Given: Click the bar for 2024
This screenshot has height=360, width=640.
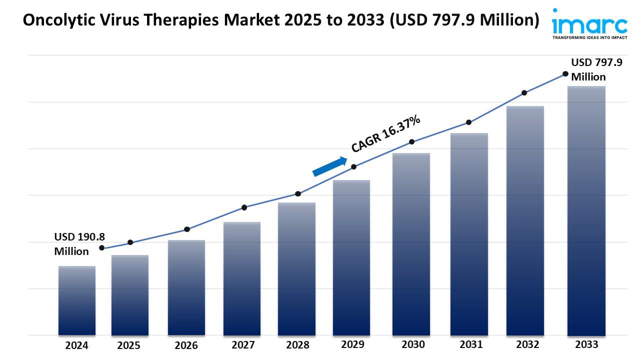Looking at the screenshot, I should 76,300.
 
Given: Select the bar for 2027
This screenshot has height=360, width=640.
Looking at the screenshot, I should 242,278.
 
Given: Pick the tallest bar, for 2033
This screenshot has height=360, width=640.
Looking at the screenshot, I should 586,210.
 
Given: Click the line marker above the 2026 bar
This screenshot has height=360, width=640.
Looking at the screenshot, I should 187,229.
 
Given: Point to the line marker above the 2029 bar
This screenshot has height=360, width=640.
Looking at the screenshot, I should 353,167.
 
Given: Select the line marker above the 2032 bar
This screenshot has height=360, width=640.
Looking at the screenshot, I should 524,93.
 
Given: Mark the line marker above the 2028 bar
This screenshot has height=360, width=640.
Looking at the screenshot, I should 298,194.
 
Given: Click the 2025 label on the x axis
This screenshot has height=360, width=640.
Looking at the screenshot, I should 129,345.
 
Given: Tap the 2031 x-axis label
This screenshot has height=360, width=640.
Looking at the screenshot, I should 471,344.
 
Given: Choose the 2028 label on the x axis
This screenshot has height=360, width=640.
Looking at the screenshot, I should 297,345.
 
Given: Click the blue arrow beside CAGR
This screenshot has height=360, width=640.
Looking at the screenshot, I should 329,166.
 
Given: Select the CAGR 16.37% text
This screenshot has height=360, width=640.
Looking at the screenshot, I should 385,133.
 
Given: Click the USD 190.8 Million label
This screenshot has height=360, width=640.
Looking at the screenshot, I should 79,244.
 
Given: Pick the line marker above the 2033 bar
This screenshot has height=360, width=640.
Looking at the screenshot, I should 565,74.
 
